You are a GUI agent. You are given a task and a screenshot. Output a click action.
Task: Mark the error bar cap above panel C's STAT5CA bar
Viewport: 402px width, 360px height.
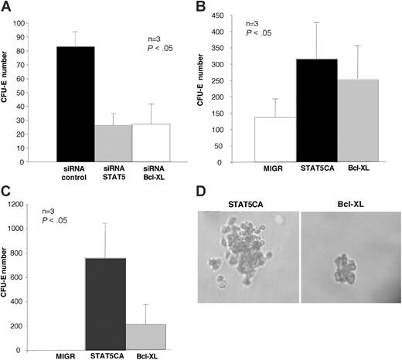tap(113, 223)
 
